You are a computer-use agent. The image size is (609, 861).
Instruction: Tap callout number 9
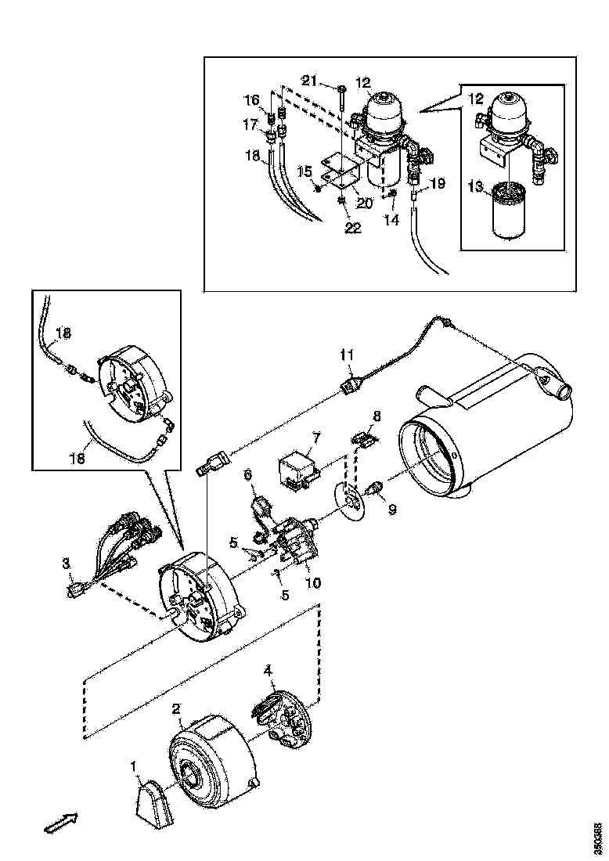coord(392,509)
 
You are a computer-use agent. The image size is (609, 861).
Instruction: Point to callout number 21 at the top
coord(309,82)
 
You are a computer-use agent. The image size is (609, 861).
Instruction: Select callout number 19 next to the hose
coord(437,184)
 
